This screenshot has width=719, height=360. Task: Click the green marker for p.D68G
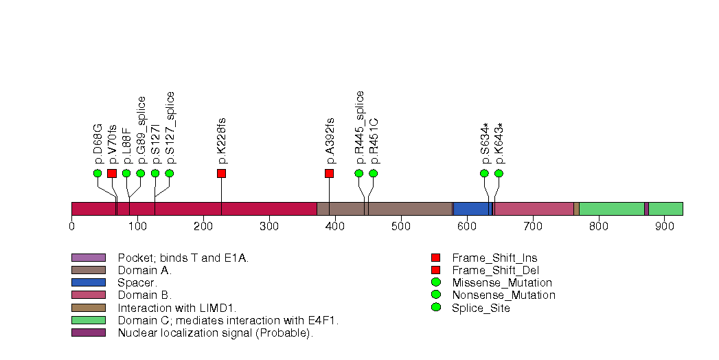point(98,173)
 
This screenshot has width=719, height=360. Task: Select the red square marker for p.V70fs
point(112,173)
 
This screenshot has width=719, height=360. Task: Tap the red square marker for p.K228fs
point(221,173)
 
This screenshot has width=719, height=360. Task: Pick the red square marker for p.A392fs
point(329,173)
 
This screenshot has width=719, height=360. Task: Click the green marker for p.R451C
point(373,173)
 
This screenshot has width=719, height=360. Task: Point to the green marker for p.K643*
point(499,173)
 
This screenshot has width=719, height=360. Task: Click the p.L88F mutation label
point(126,146)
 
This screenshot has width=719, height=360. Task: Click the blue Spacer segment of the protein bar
point(472,209)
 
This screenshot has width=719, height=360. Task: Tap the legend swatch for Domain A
point(88,270)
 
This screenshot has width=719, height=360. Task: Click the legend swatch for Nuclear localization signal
point(88,333)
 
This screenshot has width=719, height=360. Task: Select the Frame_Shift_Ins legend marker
point(435,258)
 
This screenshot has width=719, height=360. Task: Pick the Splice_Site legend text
point(481,308)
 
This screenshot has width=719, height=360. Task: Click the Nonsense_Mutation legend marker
point(435,295)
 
